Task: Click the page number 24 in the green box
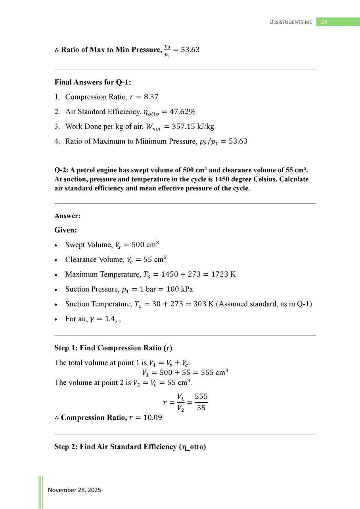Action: pyautogui.click(x=324, y=22)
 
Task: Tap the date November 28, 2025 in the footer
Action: pyautogui.click(x=75, y=490)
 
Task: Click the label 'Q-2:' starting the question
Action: pyautogui.click(x=61, y=170)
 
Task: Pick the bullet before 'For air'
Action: pyautogui.click(x=56, y=319)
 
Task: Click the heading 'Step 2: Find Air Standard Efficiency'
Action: pyautogui.click(x=130, y=447)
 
